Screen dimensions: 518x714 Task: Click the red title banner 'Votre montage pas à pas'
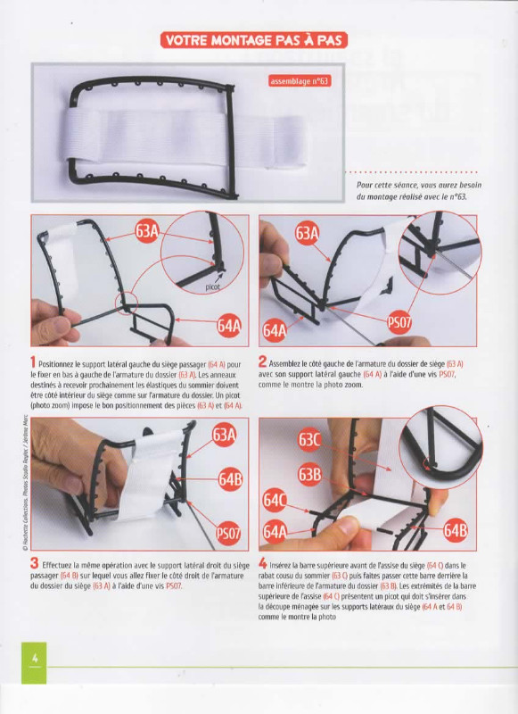[x=254, y=40]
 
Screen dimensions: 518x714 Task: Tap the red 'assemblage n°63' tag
[x=299, y=81]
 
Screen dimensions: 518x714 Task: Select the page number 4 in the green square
[x=34, y=659]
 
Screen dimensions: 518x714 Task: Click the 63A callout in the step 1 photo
[x=146, y=232]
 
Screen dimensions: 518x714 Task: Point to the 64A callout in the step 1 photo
[x=229, y=326]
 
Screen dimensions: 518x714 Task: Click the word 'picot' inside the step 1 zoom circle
[x=212, y=286]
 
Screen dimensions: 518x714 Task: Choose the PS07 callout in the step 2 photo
[x=399, y=322]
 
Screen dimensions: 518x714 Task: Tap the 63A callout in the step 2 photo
[x=307, y=233]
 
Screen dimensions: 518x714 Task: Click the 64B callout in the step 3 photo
[x=230, y=479]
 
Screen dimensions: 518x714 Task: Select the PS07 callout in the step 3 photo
[x=228, y=533]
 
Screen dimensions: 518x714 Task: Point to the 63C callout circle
[x=309, y=440]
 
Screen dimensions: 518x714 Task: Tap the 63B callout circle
[x=309, y=475]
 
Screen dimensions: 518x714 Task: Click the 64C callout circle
[x=275, y=501]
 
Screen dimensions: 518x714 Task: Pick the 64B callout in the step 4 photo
[x=456, y=531]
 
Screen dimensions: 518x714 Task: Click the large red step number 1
[x=33, y=363]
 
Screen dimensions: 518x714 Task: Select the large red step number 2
[x=262, y=362]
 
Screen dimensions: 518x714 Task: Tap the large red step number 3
[x=35, y=564]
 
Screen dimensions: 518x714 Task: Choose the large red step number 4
[x=263, y=564]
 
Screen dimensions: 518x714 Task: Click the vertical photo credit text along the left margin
[x=24, y=485]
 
